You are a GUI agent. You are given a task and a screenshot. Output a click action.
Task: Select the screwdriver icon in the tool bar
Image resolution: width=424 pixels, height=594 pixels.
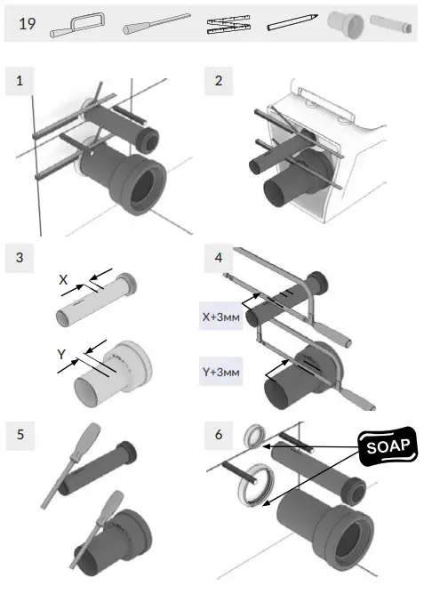click(156, 23)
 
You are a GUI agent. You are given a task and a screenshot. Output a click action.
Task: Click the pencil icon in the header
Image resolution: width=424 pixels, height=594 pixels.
click(292, 24)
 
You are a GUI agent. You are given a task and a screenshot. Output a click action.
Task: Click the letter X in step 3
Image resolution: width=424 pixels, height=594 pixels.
click(62, 278)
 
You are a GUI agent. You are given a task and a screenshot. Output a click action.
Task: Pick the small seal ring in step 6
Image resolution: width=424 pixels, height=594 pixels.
click(254, 434)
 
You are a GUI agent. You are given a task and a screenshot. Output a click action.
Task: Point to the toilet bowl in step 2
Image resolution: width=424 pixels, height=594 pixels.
click(356, 151)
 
